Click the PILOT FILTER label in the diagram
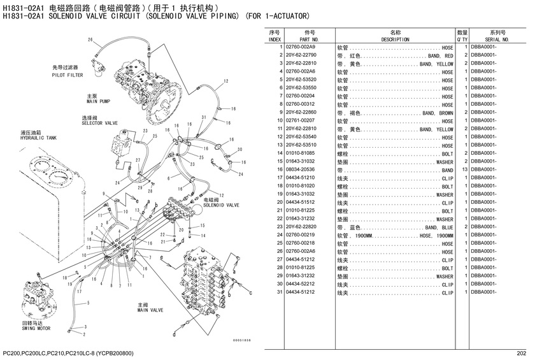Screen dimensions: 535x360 coord(68,75)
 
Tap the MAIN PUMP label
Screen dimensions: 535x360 coord(98,101)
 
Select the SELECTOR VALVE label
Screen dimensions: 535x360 coord(99,123)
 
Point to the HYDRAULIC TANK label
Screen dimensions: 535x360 coord(39,138)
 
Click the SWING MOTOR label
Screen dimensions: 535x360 coord(36,328)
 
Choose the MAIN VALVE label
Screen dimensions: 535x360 coord(150,310)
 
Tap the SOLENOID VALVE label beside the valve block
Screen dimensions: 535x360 coord(221,205)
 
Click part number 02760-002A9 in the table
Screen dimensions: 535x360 coord(300,47)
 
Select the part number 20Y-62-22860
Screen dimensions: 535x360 coord(301,112)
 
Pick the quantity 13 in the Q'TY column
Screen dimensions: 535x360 coord(465,169)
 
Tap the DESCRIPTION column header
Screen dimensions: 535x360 coord(395,40)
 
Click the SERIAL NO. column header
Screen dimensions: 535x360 coord(497,40)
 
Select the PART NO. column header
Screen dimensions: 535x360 coord(309,40)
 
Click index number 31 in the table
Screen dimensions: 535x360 coord(280,292)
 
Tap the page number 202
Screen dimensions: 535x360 coord(522,354)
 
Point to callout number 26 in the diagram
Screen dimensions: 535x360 coord(90,40)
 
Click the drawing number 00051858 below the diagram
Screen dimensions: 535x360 coord(242,340)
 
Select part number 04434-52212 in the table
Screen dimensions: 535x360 coord(300,284)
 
